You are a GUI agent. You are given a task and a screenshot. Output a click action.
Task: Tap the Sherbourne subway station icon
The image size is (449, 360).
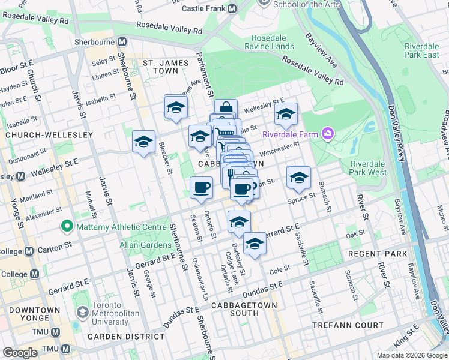click(122, 42)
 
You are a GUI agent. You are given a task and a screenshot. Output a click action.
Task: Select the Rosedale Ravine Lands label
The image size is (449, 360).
click(273, 42)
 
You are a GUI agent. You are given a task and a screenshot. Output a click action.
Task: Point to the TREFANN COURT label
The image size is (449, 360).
click(348, 325)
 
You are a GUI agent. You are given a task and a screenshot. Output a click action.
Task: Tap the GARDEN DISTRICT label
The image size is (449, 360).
click(125, 337)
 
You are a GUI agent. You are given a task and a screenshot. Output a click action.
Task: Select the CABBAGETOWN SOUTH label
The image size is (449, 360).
click(244, 309)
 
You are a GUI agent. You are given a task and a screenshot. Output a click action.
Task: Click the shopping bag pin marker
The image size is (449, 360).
click(226, 109)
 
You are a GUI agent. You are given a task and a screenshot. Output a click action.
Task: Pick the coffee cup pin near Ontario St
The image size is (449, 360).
click(202, 187)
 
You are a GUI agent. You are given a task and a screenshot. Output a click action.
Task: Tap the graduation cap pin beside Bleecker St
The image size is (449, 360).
click(144, 142)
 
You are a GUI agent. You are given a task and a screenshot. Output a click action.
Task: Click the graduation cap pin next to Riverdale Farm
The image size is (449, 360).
click(286, 114)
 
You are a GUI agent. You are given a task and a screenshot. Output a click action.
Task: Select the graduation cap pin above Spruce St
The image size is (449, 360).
click(298, 178)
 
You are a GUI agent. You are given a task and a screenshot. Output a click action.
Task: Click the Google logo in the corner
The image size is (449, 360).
click(20, 353)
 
